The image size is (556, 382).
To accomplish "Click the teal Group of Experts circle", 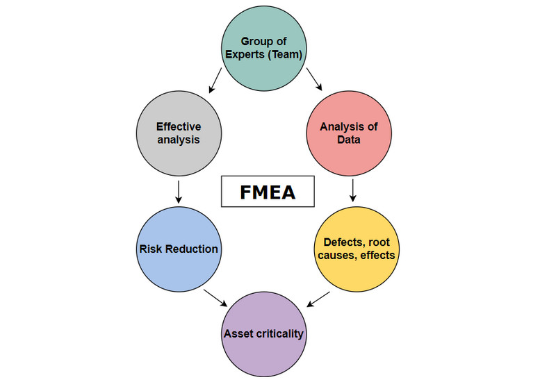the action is [x=264, y=48].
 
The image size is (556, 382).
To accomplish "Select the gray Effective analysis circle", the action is [x=179, y=133].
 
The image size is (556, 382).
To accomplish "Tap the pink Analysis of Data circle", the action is [x=349, y=133].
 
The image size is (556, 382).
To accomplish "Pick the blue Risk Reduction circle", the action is [x=179, y=249].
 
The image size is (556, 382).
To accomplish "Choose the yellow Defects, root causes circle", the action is [x=357, y=249].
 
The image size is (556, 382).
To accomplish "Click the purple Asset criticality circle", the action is [x=264, y=334].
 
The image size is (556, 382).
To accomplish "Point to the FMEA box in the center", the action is [x=268, y=191].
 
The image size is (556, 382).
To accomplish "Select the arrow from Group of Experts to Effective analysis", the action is [x=215, y=80].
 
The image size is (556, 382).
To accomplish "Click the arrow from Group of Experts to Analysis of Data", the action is [x=314, y=79].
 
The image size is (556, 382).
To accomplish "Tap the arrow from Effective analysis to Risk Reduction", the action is [x=179, y=192].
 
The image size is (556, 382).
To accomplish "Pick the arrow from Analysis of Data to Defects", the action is [x=352, y=190].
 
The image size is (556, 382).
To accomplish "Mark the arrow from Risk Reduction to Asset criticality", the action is [x=215, y=298].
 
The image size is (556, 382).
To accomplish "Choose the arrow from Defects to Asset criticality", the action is [x=318, y=299].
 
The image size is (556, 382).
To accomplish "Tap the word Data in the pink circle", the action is [x=349, y=140].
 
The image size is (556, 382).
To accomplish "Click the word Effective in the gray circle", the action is [x=179, y=126].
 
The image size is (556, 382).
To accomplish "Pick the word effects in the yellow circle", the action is [x=377, y=255].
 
